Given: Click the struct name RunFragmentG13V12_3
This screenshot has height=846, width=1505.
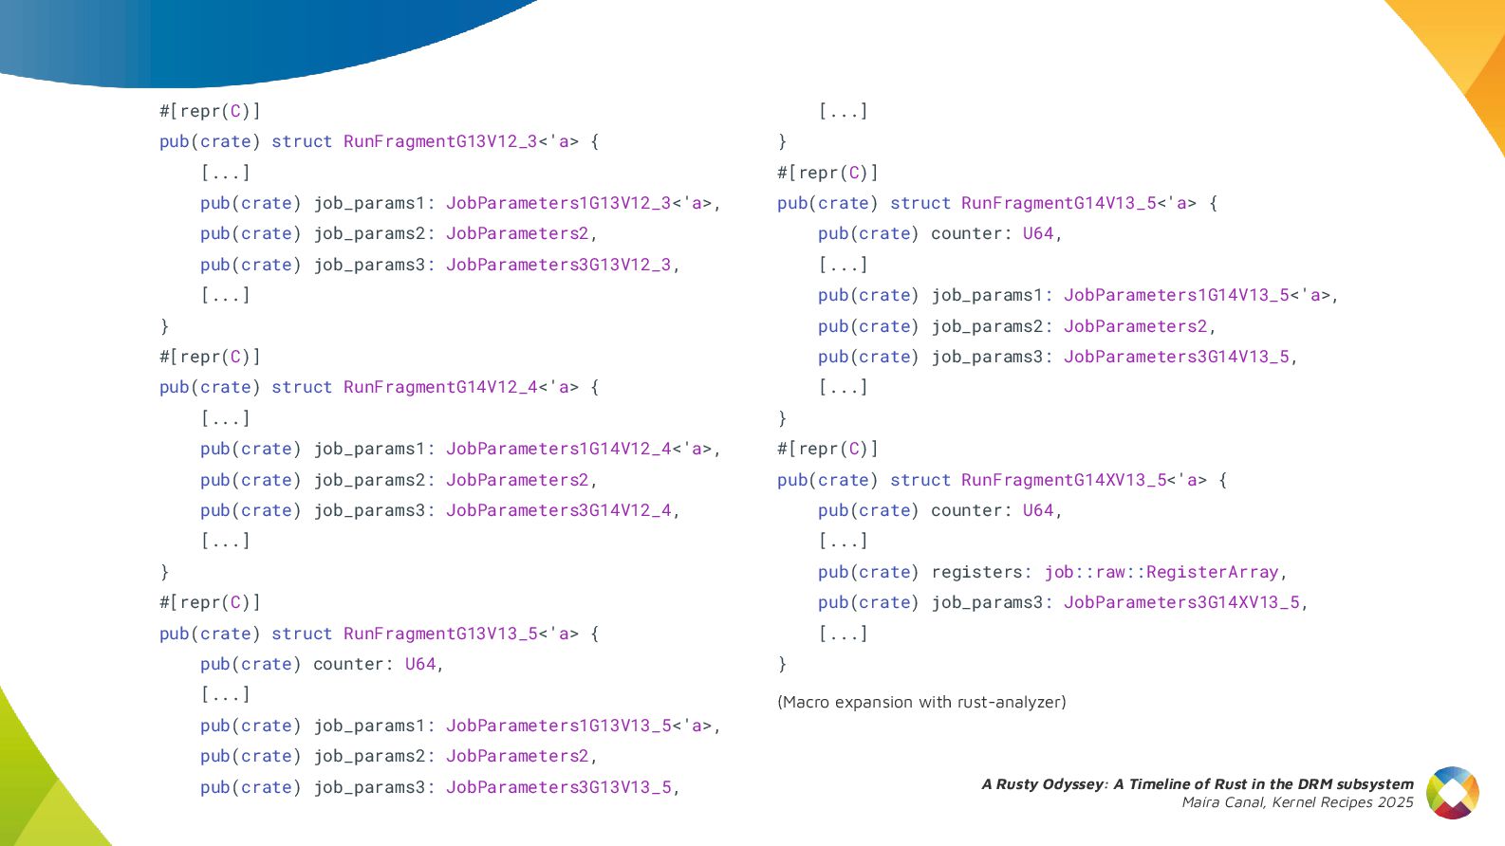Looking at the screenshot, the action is point(440,141).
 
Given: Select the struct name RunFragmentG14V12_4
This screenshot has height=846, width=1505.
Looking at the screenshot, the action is point(440,387).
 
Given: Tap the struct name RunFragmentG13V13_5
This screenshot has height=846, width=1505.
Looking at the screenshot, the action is point(440,634).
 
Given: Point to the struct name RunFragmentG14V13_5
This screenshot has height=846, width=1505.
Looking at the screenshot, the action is point(1058,203).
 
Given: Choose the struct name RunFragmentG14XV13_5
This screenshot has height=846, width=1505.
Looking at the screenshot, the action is point(1064,480).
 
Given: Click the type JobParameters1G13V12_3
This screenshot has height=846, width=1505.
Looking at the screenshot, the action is point(558,203).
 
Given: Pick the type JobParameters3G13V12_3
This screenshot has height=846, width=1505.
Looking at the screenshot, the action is point(558,265).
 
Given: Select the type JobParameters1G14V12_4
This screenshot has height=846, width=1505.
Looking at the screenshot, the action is point(558,449).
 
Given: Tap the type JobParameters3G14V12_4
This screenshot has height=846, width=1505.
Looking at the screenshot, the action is point(558,510).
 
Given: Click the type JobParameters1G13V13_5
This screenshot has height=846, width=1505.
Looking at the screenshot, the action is point(558,726).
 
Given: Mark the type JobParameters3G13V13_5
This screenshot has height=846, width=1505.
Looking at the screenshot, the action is point(558,787).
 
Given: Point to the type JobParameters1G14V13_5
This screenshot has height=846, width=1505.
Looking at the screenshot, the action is point(1176,295).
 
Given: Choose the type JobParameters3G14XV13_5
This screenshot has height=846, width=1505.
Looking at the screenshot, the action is point(1181,602).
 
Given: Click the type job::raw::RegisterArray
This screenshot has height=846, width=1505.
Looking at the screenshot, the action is point(1161,572).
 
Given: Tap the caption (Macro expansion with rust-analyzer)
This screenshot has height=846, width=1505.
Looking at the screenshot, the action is point(921,702).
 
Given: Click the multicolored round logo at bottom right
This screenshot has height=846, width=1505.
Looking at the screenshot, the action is point(1453,793).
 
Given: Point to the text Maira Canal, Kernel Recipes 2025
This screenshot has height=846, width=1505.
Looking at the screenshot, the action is point(1297,802).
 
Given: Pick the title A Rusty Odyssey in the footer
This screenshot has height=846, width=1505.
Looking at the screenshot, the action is point(1043,784).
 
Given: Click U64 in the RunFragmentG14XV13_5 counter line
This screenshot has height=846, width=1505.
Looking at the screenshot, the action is point(1037,510).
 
